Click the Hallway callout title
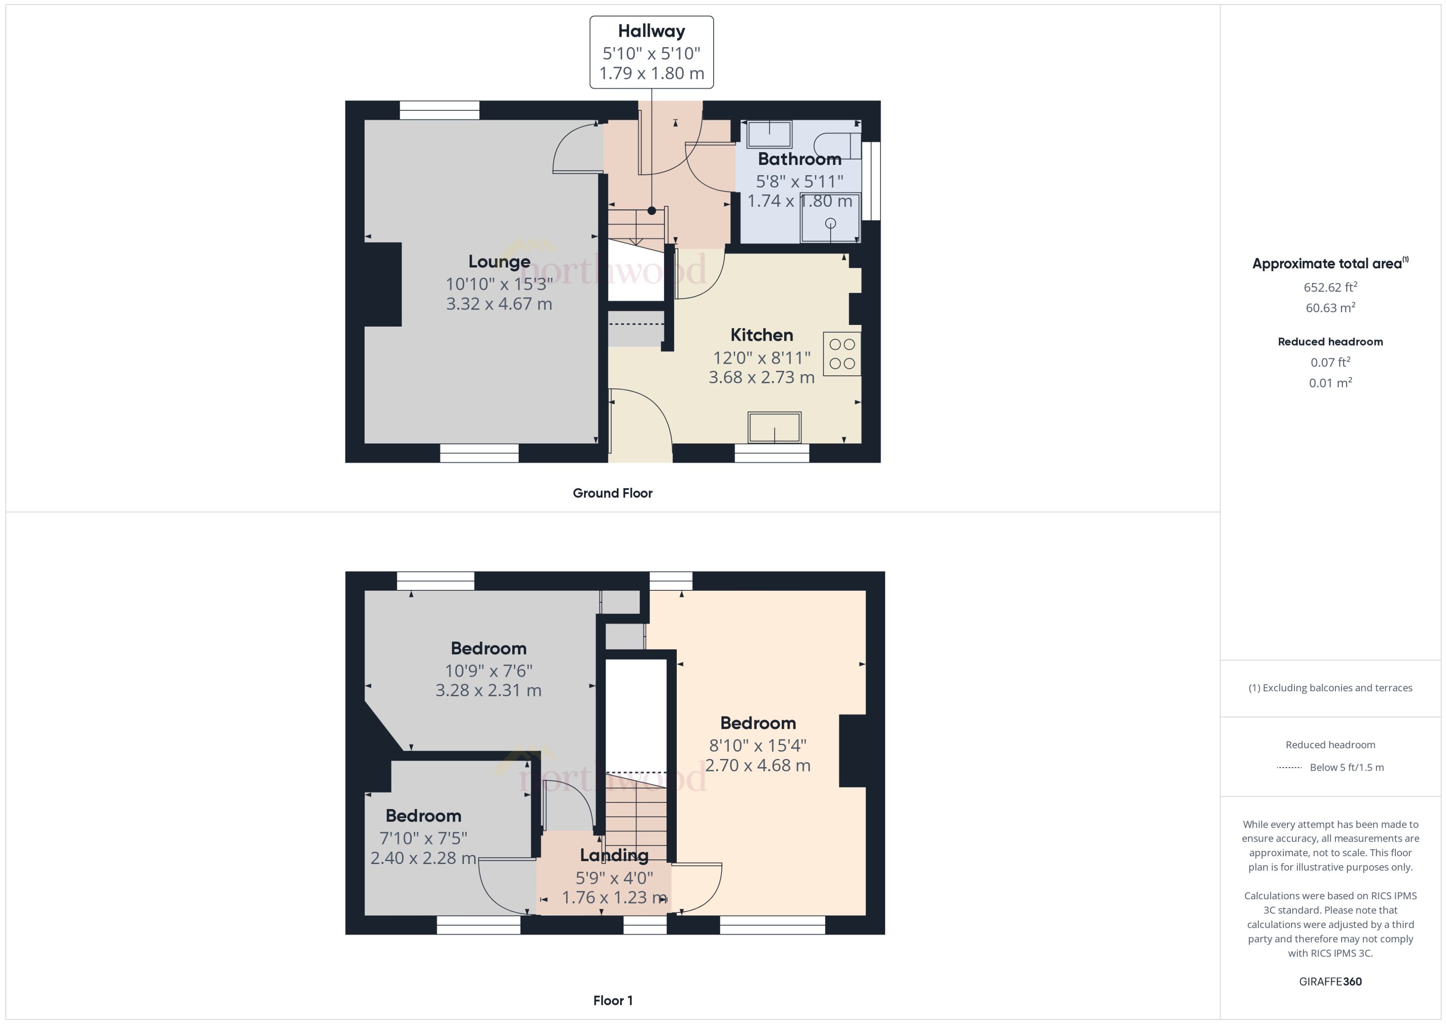[651, 31]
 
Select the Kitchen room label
[761, 335]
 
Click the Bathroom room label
[799, 159]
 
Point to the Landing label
[614, 856]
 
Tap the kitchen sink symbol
[774, 427]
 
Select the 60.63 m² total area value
[1330, 308]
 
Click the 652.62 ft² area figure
[1330, 288]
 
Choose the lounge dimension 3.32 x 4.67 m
[499, 304]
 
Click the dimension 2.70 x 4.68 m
[757, 766]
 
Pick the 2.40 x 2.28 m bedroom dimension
[423, 858]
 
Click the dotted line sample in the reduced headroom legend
[1289, 767]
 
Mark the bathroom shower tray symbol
[830, 219]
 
